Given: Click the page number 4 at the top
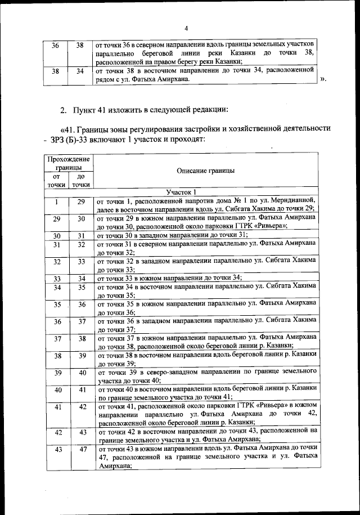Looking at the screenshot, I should (186, 29).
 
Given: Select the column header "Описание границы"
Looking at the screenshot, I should (205, 171).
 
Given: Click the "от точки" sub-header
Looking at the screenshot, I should (56, 180).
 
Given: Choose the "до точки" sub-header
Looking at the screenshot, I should (81, 180).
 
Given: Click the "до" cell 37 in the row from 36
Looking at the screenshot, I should (82, 322).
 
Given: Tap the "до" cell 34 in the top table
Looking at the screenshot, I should (80, 71).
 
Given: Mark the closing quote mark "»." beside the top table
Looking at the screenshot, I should (323, 79).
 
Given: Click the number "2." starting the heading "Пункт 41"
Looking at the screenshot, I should (64, 109).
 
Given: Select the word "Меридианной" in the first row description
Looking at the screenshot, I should (292, 200).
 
